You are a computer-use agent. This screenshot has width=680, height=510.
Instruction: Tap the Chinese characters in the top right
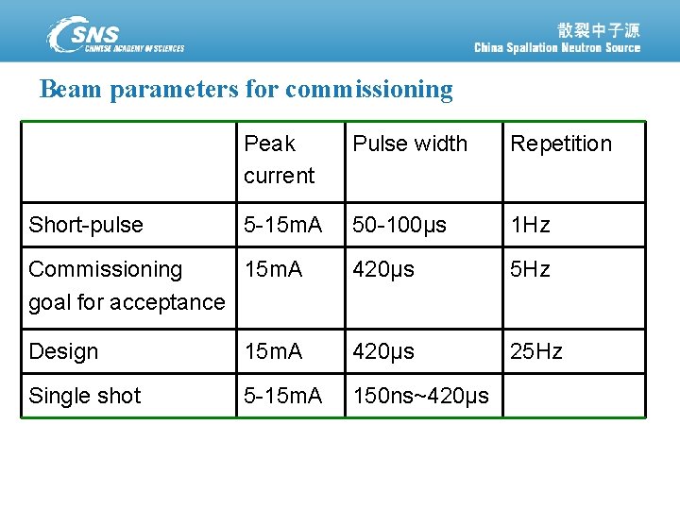(599, 29)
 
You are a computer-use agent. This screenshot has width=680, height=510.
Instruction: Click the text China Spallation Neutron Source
(556, 48)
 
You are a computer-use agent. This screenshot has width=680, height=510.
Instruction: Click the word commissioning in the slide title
(369, 90)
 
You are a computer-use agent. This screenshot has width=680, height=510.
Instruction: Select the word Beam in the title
(71, 90)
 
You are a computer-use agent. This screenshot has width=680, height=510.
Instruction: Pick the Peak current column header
(279, 160)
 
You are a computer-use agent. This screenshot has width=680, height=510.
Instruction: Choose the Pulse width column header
(410, 144)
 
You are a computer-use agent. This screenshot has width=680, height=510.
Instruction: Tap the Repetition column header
(561, 144)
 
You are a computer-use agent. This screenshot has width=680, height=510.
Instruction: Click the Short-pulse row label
(86, 225)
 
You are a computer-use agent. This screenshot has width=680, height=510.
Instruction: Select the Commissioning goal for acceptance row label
(127, 285)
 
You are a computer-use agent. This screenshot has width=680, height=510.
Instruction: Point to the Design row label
(63, 351)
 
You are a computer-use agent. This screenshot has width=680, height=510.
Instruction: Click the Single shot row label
(85, 396)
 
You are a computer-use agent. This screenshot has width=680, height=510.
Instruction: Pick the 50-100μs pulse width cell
(399, 225)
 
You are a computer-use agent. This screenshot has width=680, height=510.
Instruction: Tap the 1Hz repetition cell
(530, 225)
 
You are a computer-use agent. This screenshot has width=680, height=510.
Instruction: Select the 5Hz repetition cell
(530, 269)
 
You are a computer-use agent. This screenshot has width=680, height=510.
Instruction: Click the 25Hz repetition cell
(535, 351)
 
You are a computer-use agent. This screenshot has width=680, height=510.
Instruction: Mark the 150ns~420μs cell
(421, 396)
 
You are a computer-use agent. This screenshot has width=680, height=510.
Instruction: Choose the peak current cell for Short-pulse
(283, 225)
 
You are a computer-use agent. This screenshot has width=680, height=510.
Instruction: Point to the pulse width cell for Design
(383, 351)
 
